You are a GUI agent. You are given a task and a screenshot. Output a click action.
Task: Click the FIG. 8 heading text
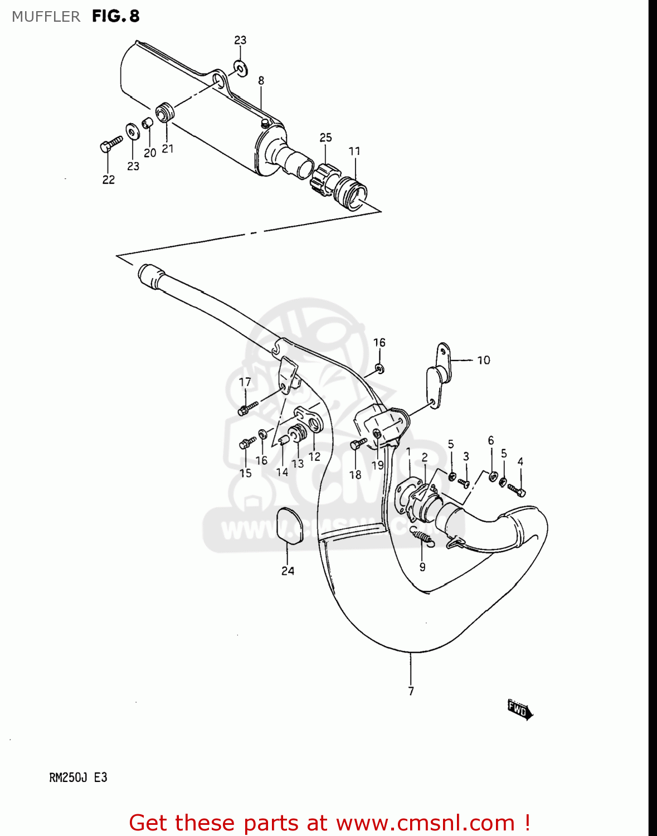(116, 16)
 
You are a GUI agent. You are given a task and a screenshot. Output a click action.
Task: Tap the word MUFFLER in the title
(46, 17)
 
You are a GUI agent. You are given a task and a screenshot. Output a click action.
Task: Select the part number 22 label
(109, 179)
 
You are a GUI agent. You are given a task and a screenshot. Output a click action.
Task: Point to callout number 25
(326, 137)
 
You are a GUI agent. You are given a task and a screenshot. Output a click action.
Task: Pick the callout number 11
(355, 151)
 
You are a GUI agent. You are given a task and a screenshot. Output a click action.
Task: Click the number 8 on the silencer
(261, 81)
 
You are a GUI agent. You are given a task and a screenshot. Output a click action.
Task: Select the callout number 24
(288, 571)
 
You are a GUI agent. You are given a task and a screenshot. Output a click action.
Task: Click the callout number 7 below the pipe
(411, 691)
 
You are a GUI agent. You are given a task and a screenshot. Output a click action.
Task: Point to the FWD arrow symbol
(520, 710)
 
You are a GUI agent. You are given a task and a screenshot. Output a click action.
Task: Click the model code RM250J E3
(78, 777)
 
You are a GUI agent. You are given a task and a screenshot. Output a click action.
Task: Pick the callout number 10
(484, 361)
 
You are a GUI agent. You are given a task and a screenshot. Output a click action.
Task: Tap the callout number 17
(245, 382)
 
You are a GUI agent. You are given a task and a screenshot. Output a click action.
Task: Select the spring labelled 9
(422, 537)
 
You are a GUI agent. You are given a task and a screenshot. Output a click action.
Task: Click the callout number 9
(422, 567)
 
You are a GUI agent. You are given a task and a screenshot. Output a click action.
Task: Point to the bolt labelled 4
(517, 490)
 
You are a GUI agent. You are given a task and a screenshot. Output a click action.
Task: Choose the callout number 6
(491, 440)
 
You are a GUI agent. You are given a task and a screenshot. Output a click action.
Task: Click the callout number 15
(246, 473)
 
